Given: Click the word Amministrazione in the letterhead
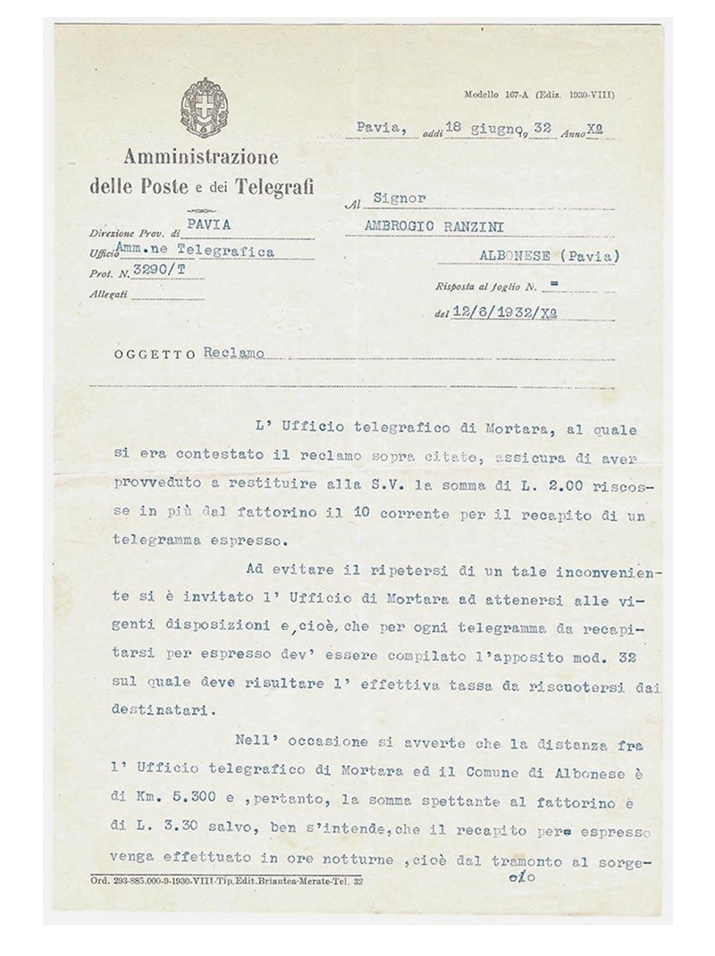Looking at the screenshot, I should (201, 158).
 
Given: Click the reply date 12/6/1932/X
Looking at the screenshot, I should (508, 312).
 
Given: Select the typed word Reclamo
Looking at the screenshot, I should (233, 353).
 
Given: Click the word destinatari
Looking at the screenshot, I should (158, 714).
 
